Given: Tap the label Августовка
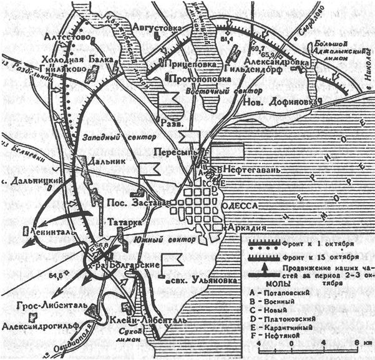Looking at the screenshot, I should click(x=158, y=27).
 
